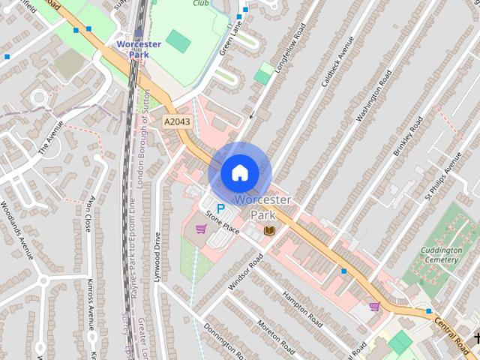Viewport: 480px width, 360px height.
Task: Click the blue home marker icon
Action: click(239, 172)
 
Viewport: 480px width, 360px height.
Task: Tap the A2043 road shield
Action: click(177, 120)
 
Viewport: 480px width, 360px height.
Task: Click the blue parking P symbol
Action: click(220, 208)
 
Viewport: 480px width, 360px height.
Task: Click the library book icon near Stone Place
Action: click(269, 230)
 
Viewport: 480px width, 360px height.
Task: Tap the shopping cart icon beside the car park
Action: click(200, 229)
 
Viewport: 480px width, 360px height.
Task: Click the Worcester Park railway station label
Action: click(139, 49)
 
